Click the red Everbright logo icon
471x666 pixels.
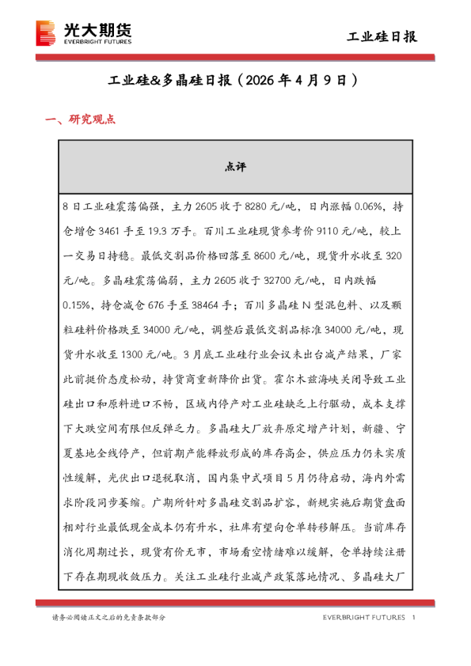pos(47,34)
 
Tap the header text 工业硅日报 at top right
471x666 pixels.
pos(382,36)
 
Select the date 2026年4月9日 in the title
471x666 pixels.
pos(298,81)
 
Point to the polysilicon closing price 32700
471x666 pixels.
pos(282,281)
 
